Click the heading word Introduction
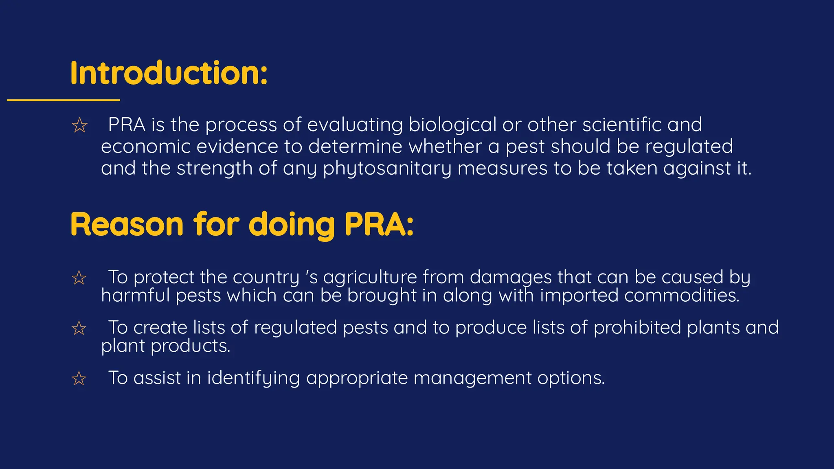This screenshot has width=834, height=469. point(168,73)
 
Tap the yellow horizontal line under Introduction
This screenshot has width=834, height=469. point(63,100)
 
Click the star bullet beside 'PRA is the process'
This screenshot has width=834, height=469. point(79,125)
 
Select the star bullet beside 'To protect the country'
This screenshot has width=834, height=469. point(79,278)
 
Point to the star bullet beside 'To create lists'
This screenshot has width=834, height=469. point(79,328)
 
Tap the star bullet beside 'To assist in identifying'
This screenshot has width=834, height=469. point(79,379)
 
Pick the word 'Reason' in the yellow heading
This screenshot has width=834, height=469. point(127,224)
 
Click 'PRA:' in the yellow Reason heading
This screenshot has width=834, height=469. point(379,224)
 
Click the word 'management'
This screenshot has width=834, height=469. point(472,378)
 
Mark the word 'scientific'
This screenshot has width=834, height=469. point(622,125)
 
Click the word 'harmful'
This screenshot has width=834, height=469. point(135,295)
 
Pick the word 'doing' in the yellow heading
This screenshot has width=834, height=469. point(292,225)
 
